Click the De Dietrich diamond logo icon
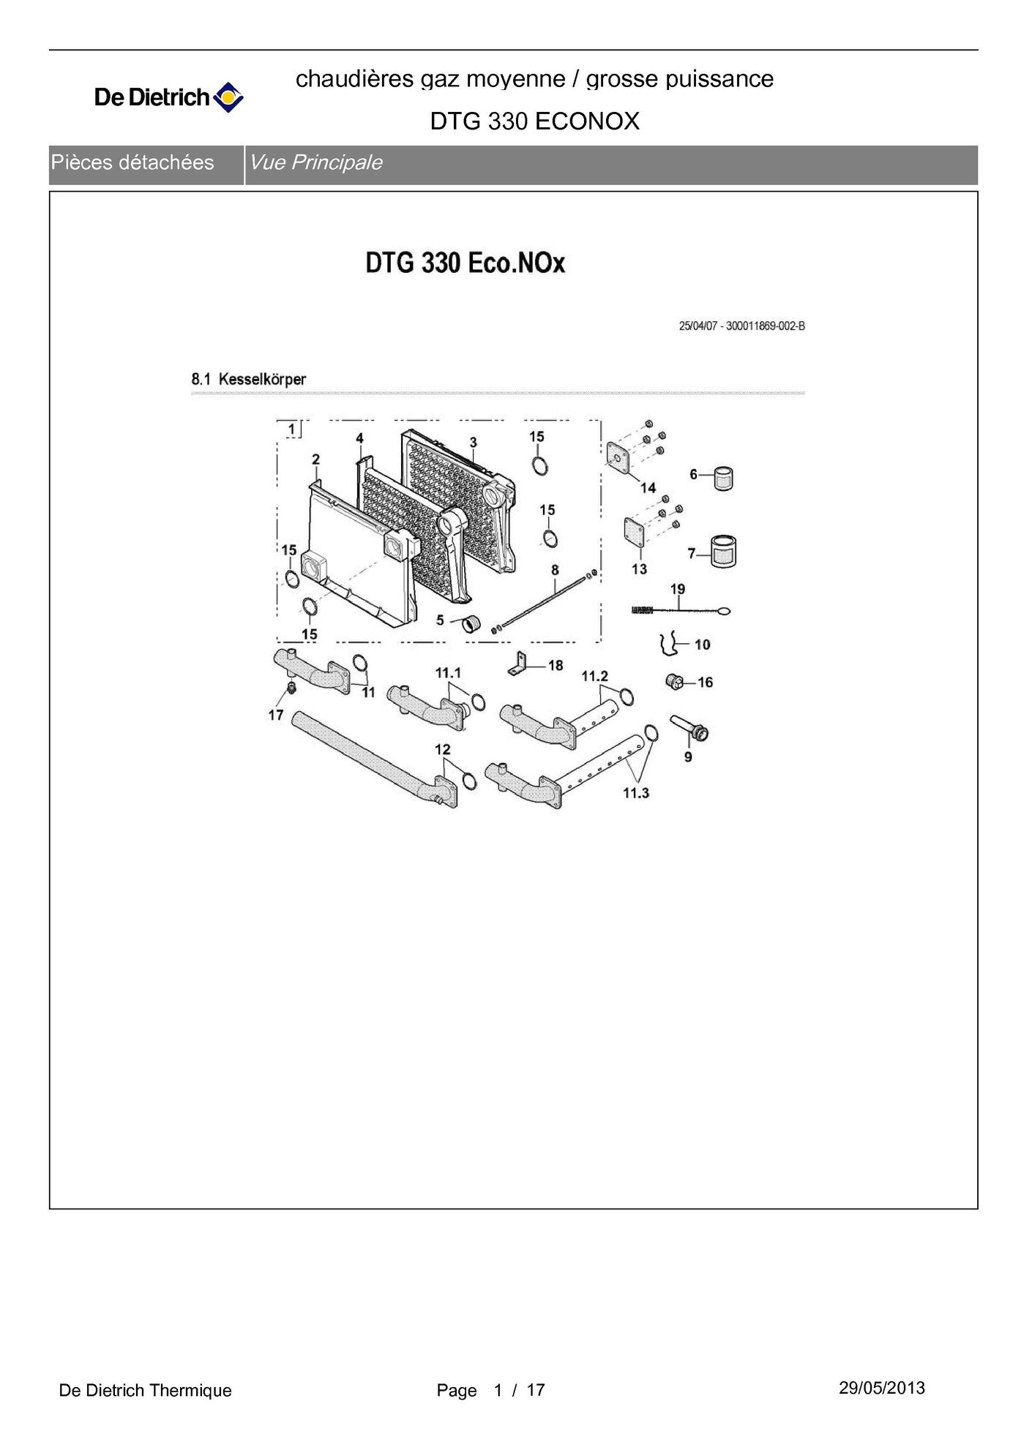point(228,97)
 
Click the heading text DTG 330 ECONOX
point(534,121)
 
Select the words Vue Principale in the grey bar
point(315,162)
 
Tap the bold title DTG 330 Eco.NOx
point(465,263)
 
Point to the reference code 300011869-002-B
point(766,326)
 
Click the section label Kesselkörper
point(262,379)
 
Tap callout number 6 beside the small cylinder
point(693,475)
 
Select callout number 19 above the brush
point(678,589)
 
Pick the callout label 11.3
point(636,793)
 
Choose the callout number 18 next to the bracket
point(556,665)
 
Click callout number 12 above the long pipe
point(443,749)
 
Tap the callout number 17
point(276,715)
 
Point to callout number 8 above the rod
point(555,570)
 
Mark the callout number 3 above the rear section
point(474,443)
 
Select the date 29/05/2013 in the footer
point(882,1388)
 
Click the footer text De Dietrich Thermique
point(145,1390)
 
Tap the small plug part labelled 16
point(675,682)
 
